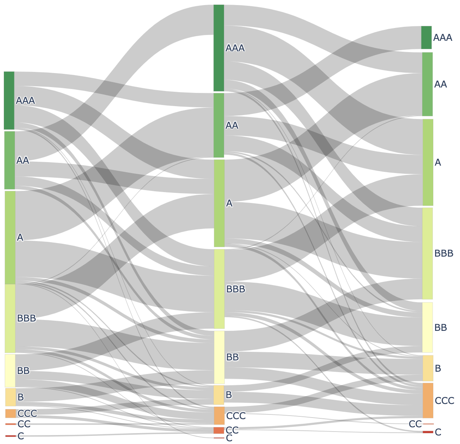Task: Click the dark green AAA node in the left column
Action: (x=9, y=100)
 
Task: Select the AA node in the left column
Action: (x=10, y=160)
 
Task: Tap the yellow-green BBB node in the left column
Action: (x=10, y=318)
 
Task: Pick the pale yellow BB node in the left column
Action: (x=10, y=371)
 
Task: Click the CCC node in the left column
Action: (x=10, y=413)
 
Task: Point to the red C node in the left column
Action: (x=10, y=436)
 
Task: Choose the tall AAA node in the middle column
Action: (x=219, y=48)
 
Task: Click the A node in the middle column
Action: (x=219, y=203)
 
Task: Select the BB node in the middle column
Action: (x=219, y=357)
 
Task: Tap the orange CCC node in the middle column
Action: (x=219, y=415)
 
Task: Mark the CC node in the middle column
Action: (x=219, y=430)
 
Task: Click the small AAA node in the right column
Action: (x=427, y=38)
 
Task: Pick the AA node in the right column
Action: (x=427, y=84)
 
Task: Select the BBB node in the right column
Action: (x=427, y=253)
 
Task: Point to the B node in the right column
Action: (x=428, y=368)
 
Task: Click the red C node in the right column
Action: (x=428, y=432)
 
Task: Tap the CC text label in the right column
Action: (x=415, y=424)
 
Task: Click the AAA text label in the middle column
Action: (x=235, y=48)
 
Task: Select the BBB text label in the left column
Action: (x=26, y=318)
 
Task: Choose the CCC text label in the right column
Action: (x=444, y=400)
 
